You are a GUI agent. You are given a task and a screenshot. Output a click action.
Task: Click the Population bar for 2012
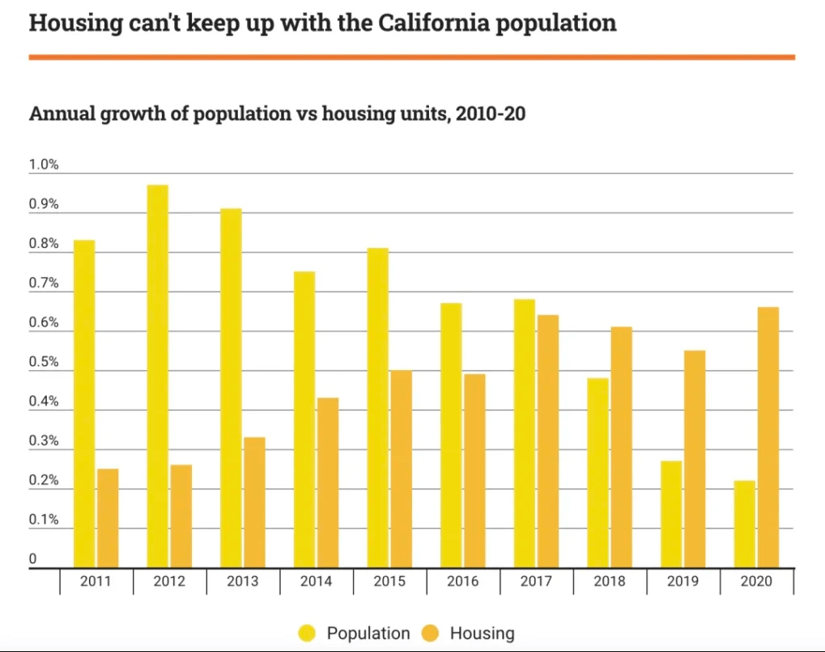[x=158, y=377]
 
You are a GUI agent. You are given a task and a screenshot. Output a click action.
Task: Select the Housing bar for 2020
[x=768, y=437]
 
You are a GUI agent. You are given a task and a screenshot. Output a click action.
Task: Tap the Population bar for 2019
[x=671, y=514]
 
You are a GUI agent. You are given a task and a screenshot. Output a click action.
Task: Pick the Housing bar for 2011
[x=108, y=518]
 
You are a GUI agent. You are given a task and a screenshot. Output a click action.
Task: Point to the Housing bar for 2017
[x=547, y=441]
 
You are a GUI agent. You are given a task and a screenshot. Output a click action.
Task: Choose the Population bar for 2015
[x=378, y=408]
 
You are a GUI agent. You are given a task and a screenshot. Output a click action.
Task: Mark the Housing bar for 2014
[x=328, y=483]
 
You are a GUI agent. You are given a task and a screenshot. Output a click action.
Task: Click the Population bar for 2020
[x=745, y=524]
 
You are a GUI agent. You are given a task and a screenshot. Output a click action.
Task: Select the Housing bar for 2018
[x=621, y=447]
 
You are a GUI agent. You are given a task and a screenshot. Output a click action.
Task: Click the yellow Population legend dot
[x=308, y=633]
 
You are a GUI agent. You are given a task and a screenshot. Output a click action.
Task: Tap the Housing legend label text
[x=482, y=633]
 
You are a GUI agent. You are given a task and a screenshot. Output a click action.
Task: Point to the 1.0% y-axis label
[x=44, y=165]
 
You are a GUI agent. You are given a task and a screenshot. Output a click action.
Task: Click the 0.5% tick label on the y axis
[x=44, y=363]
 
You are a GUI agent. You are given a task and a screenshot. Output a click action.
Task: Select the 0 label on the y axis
[x=33, y=560]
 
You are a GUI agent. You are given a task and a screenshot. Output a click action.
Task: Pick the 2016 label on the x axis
[x=463, y=582]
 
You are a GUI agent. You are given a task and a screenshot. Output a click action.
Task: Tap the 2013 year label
[x=243, y=582]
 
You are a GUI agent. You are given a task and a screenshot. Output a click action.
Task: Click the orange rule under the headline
[x=412, y=58]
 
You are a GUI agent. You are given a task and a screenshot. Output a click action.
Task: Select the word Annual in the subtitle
[x=63, y=114]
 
